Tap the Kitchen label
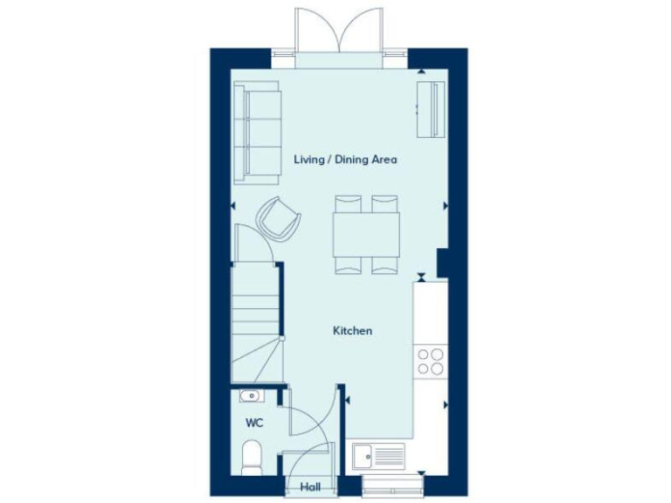352,331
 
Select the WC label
254,423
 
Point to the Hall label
309,488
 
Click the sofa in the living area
256,133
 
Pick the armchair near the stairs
278,218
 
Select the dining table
367,235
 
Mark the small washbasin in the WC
251,396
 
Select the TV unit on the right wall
432,109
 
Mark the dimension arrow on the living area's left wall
232,205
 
